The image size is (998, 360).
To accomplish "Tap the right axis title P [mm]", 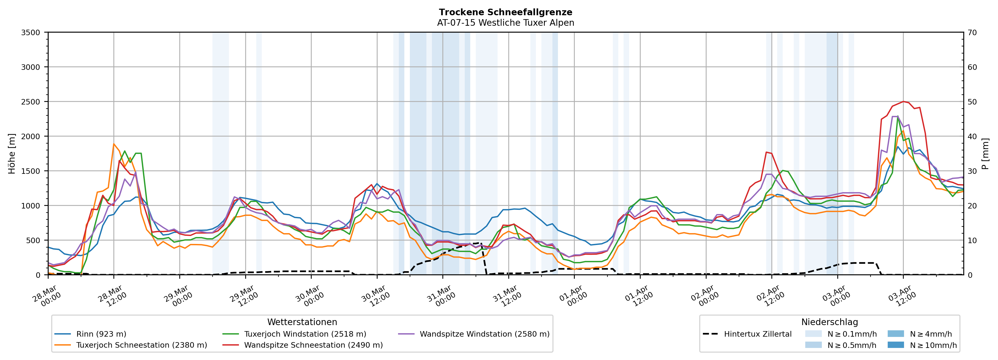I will coord(985,153).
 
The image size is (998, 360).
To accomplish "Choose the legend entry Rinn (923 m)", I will coord(101,334).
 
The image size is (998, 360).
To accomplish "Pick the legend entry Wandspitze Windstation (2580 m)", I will coord(484,334).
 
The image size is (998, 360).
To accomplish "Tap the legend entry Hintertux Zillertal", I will coord(757,334).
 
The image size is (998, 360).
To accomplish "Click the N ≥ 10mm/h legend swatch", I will coord(895,345).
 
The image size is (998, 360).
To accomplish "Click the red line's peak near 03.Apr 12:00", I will coord(903,102).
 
